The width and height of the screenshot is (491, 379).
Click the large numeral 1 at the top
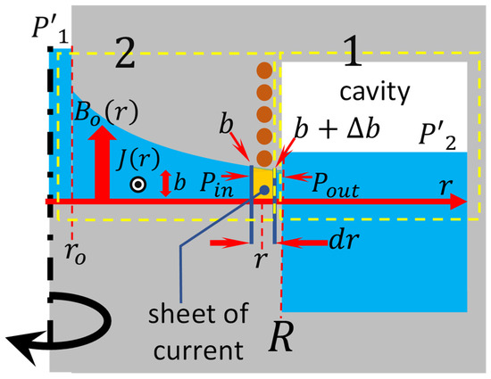[x=354, y=61]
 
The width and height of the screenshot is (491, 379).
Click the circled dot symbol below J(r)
[x=137, y=185]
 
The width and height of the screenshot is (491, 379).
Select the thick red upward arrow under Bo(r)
[x=100, y=164]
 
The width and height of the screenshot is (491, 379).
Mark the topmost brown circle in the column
[x=263, y=71]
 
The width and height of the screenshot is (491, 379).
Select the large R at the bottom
[x=281, y=342]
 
